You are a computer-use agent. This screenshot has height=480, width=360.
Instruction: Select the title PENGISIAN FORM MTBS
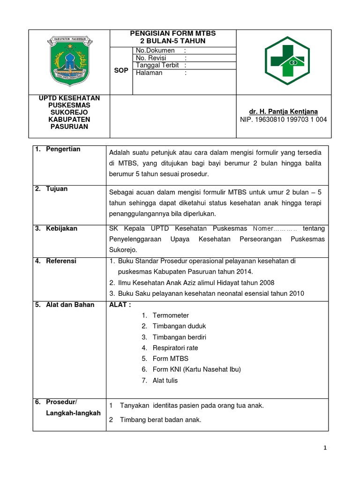pos(172,33)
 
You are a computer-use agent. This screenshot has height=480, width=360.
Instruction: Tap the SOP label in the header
pos(121,70)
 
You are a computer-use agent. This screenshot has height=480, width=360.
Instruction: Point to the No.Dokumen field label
pos(155,50)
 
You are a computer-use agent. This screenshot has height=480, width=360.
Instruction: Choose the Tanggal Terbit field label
pos(157,65)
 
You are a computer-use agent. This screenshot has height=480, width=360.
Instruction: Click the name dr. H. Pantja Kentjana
pos(284,112)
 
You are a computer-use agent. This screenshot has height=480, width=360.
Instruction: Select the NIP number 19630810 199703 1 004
pos(284,120)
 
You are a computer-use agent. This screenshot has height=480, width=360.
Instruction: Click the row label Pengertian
pos(63,149)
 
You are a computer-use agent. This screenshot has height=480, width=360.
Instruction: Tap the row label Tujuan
pos(57,188)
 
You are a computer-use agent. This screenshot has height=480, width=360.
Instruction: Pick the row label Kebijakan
pos(61,228)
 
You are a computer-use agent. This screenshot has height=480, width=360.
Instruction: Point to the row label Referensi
pos(61,261)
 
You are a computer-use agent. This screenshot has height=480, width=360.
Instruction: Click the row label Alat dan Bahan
pos(70,305)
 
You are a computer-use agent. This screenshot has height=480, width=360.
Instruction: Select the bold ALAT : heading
pos(120,305)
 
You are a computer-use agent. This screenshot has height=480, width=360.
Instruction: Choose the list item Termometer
pos(171,315)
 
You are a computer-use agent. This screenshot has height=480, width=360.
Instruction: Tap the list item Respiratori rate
pos(175,348)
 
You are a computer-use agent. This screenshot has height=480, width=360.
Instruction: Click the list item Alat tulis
pos(165,381)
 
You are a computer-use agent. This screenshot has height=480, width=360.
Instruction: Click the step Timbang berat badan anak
pos(160,420)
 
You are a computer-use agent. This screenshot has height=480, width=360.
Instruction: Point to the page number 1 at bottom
pos(325,448)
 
